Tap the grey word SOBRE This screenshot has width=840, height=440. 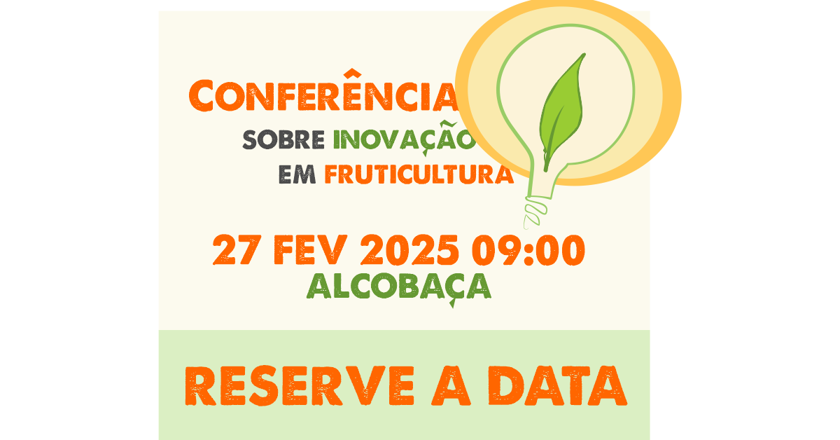(x=283, y=139)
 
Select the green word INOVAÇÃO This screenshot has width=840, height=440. (x=405, y=138)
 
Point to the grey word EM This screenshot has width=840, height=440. (x=297, y=174)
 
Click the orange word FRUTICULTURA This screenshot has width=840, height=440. (x=419, y=174)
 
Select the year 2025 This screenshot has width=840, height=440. (x=409, y=249)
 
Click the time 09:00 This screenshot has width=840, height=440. (x=528, y=249)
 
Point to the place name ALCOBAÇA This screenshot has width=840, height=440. (x=399, y=287)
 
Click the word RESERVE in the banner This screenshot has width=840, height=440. (x=300, y=385)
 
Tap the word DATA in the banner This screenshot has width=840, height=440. (x=557, y=385)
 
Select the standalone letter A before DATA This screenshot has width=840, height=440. (x=451, y=386)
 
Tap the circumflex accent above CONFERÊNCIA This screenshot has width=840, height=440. (x=351, y=73)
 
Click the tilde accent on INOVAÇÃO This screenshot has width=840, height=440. (x=448, y=125)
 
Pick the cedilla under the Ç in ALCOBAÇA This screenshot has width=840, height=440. (x=453, y=303)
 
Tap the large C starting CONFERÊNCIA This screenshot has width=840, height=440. (x=201, y=95)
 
